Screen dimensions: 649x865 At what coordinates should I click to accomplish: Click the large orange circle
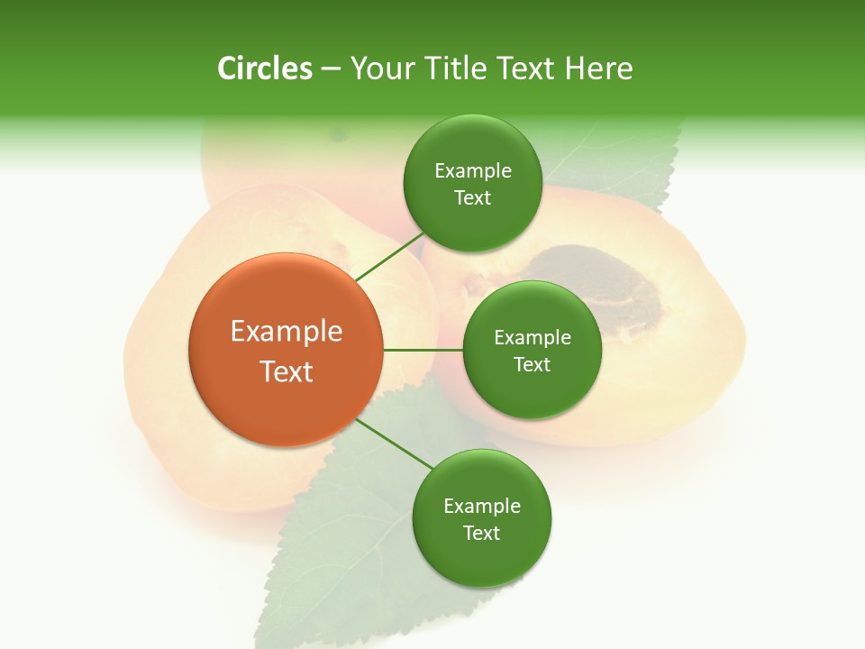pos(286,350)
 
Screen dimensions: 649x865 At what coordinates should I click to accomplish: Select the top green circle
pos(472,183)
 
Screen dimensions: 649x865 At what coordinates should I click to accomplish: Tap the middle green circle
pos(532,350)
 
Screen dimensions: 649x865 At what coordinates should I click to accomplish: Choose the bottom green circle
pos(481,518)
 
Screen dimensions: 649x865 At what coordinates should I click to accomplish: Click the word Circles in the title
pos(264,69)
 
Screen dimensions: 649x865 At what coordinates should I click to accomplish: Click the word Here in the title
pos(598,69)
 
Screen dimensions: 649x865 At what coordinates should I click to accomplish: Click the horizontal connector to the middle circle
pos(423,350)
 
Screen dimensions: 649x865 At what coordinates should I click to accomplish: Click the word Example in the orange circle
pos(286,331)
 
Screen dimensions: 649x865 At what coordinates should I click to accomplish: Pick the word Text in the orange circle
pos(286,371)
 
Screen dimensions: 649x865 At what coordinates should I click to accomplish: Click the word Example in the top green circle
pos(472,170)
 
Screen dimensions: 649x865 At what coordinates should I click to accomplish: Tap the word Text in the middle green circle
pos(532,364)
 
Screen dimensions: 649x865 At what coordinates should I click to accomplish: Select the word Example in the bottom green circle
pos(481,506)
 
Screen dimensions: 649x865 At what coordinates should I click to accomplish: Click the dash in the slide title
pos(330,69)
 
